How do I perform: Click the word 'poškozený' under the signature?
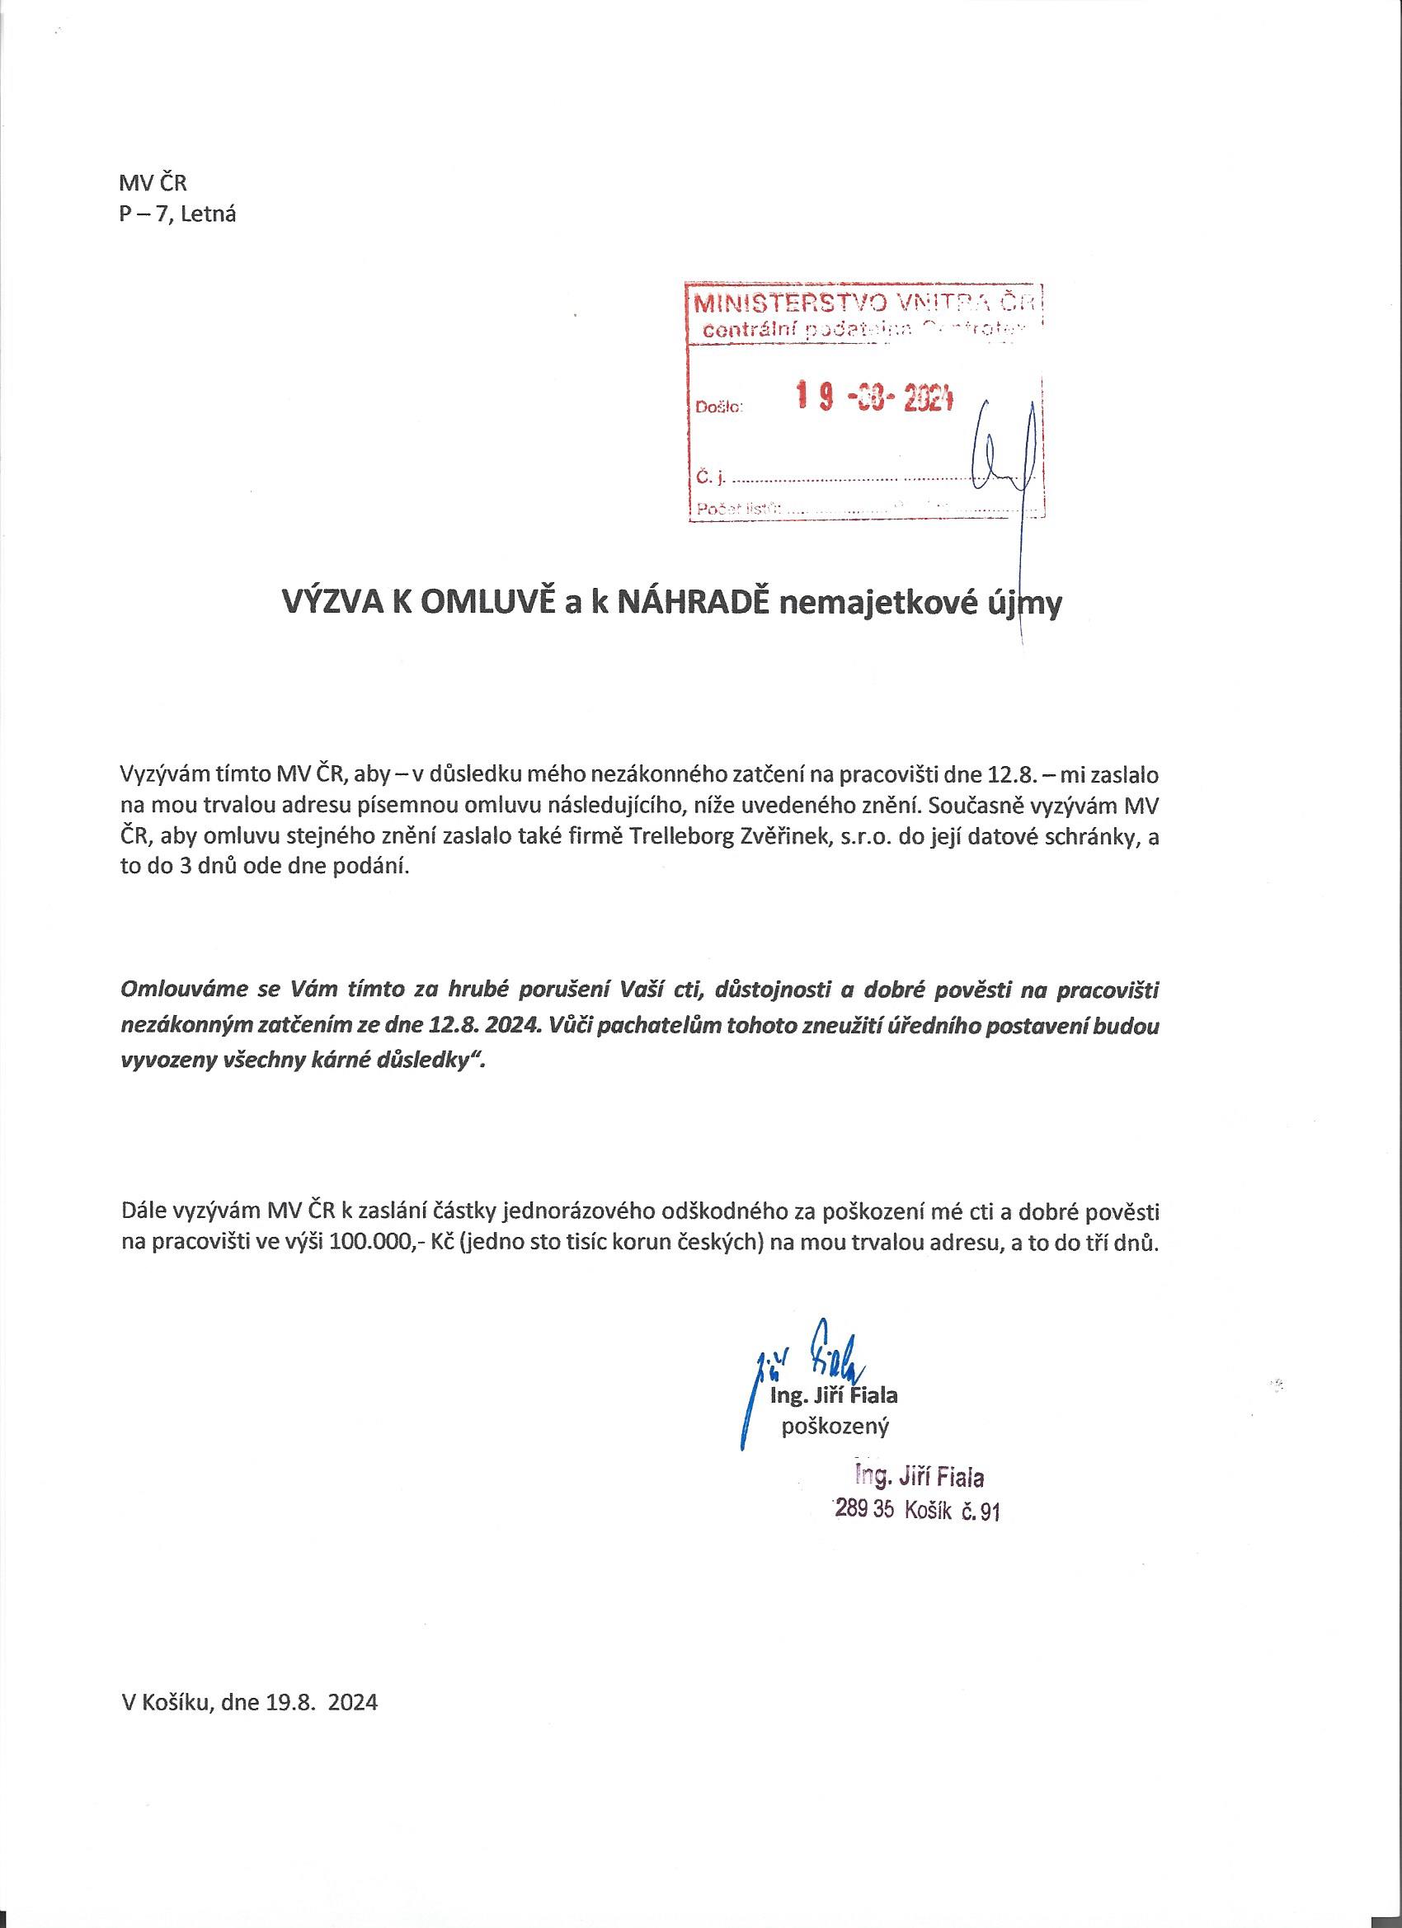click(835, 1426)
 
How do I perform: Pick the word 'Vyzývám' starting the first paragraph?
click(161, 775)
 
